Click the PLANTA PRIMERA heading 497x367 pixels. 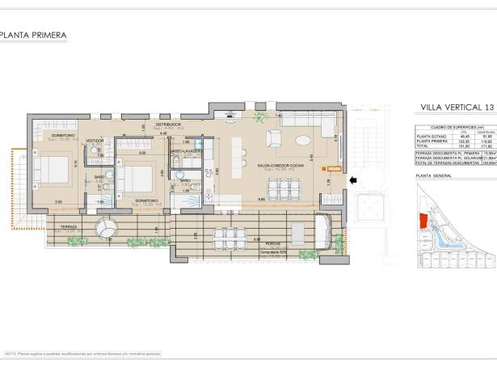33,35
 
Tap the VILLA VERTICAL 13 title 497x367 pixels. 457,107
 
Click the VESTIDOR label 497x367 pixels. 95,141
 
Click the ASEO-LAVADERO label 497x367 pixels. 186,150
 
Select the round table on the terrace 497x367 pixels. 107,230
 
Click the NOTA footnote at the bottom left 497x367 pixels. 81,353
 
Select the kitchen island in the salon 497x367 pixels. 238,158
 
